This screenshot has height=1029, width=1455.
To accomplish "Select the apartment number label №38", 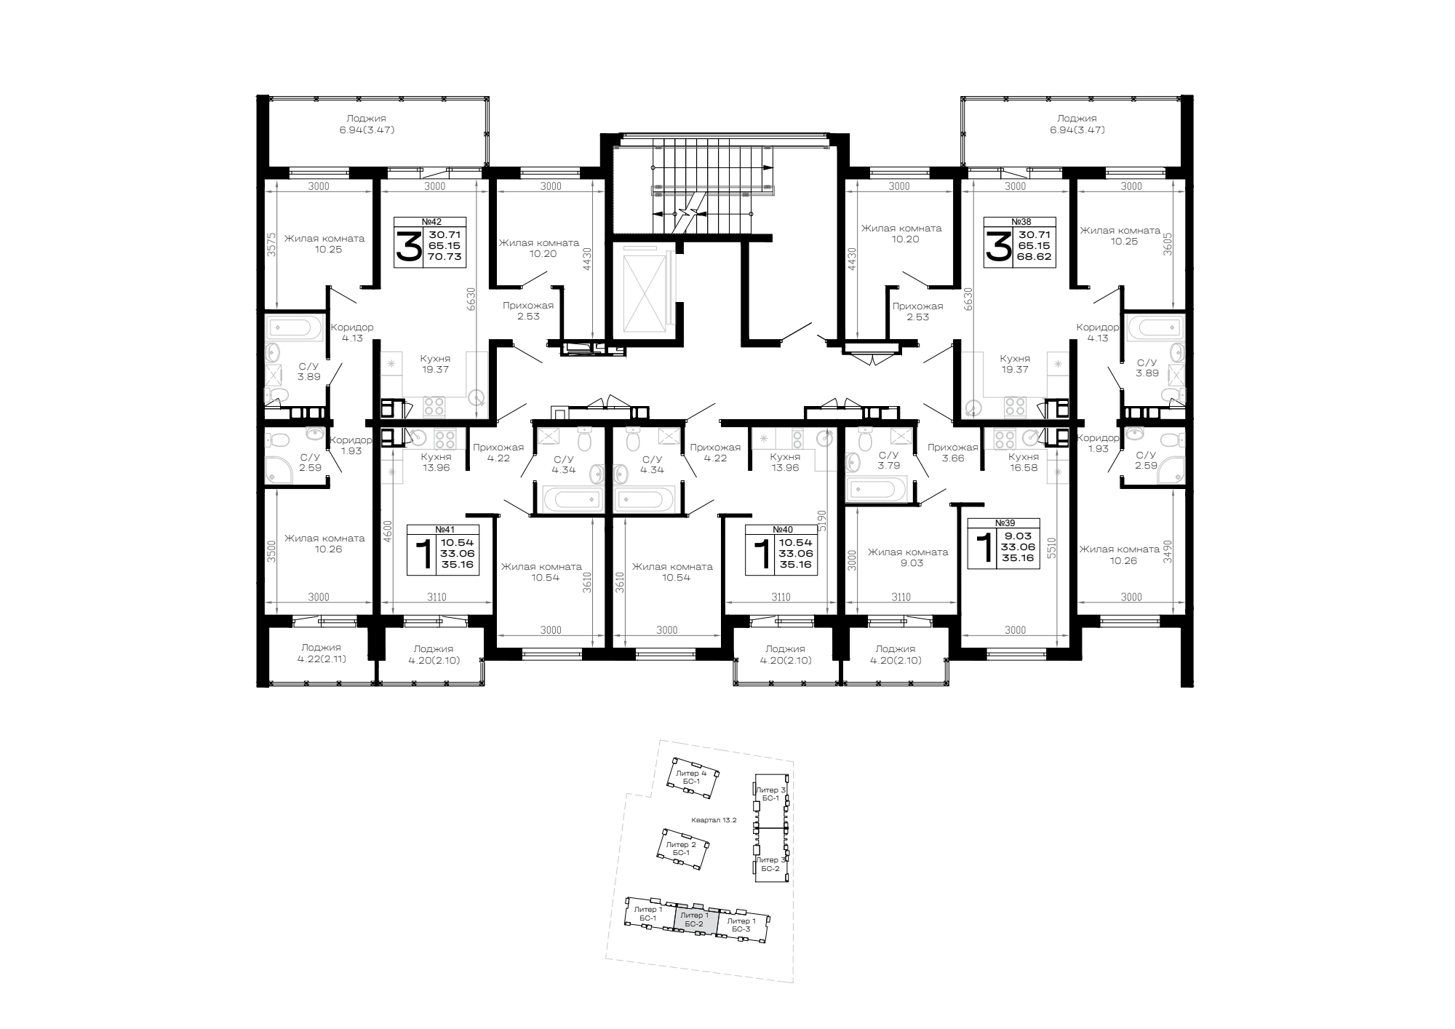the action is pos(1021,222).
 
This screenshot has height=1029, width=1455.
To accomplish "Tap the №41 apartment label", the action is pos(445,530).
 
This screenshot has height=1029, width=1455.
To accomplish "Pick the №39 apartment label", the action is pos(1005,523).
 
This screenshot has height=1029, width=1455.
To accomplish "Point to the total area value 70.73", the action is pos(445,257).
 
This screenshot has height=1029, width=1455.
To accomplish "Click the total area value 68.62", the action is pos(1035,257).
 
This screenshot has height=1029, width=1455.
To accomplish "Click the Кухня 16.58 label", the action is pos(1023,463).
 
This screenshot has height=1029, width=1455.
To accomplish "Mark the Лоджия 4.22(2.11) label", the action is pos(321,653).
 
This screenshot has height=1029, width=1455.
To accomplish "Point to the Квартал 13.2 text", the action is pos(715,820).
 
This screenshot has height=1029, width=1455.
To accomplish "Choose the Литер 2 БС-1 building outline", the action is pos(684,849).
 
